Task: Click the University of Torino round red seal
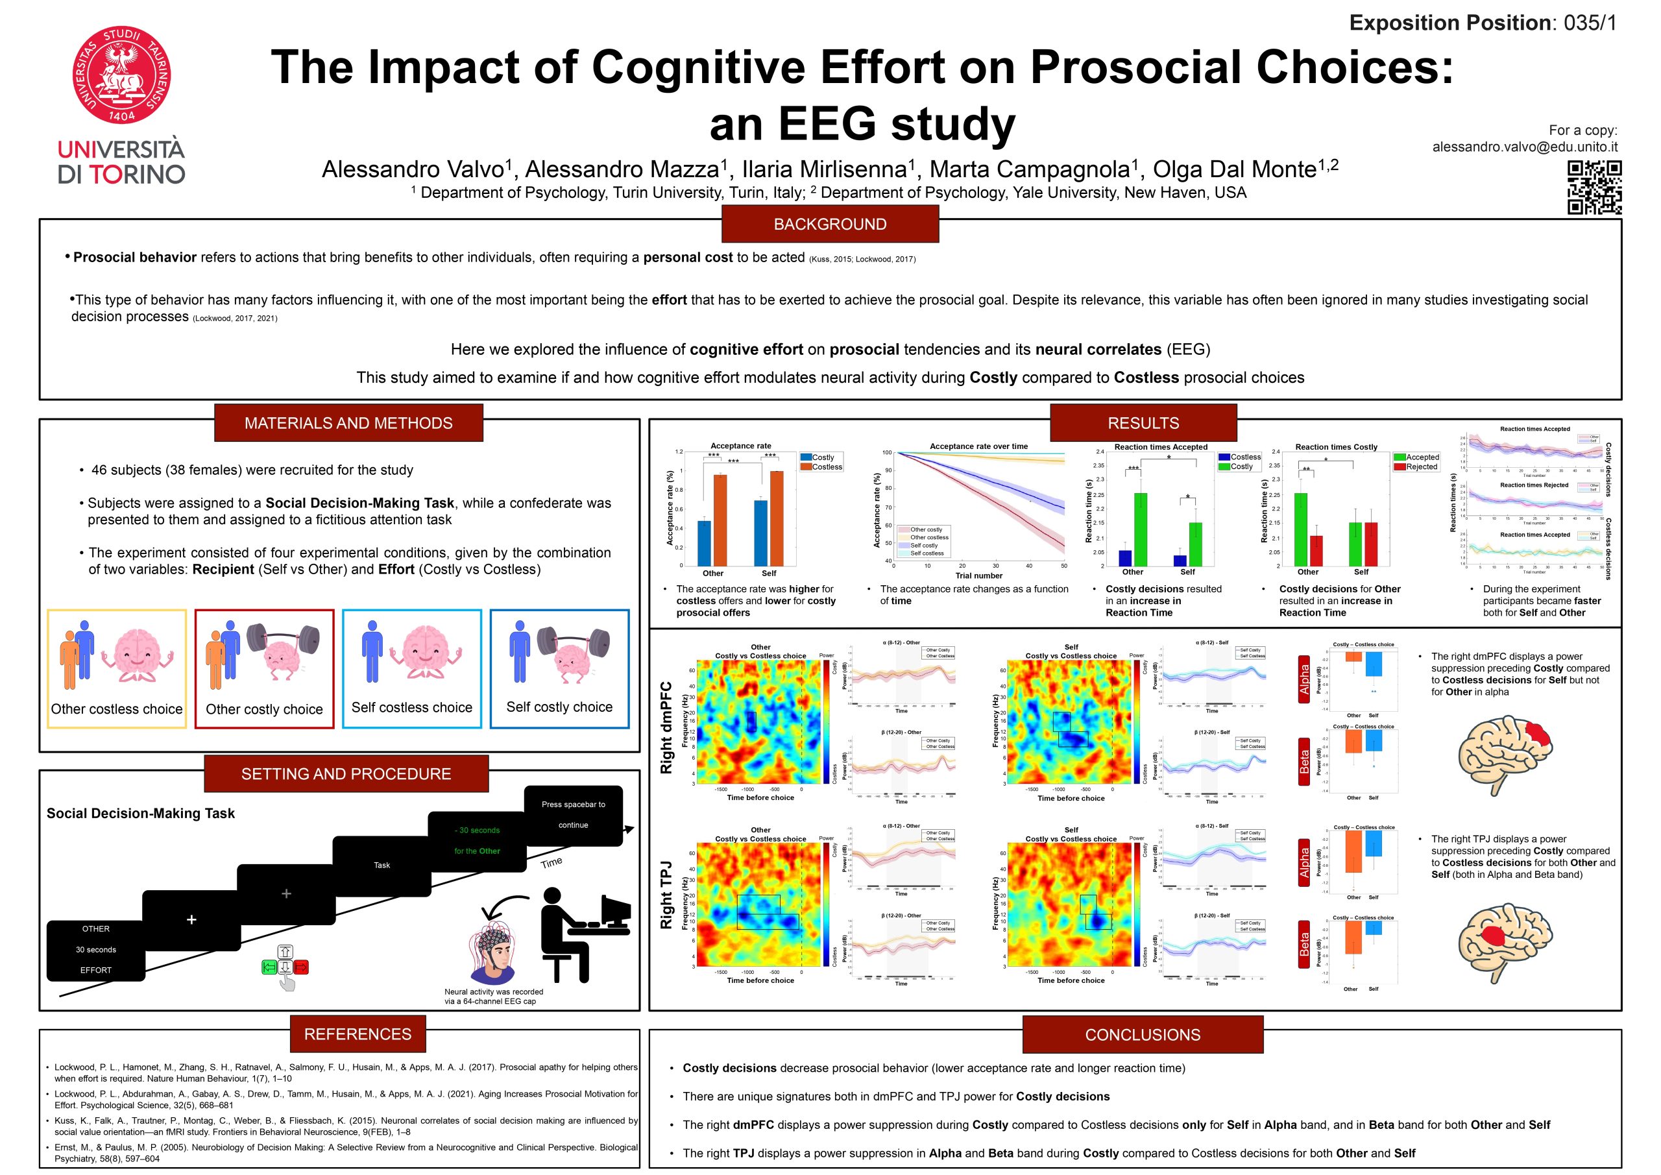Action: pos(121,75)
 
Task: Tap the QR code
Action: pos(1594,188)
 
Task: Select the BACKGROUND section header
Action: pos(830,224)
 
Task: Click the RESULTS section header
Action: pos(1143,423)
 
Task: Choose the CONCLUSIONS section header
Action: pos(1143,1035)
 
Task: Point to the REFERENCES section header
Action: pos(358,1034)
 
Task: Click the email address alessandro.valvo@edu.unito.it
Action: pos(1524,147)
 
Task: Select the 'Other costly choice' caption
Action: pos(264,709)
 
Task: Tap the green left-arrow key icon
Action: pos(269,967)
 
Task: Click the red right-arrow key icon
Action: pos(301,967)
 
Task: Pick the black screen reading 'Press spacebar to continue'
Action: pos(573,816)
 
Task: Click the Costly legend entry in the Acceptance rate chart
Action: pos(818,457)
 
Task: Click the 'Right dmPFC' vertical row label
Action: pos(666,727)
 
